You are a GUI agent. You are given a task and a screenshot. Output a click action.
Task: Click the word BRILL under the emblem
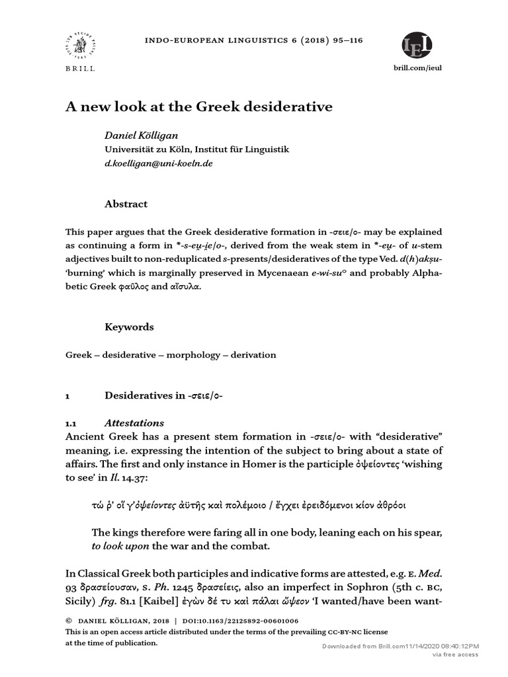tap(80, 69)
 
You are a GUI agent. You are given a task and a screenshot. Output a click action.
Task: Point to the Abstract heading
tap(126, 204)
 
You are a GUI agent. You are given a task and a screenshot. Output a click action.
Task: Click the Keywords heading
tap(129, 327)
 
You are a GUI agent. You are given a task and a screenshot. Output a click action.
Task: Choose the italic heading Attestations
tap(134, 423)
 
